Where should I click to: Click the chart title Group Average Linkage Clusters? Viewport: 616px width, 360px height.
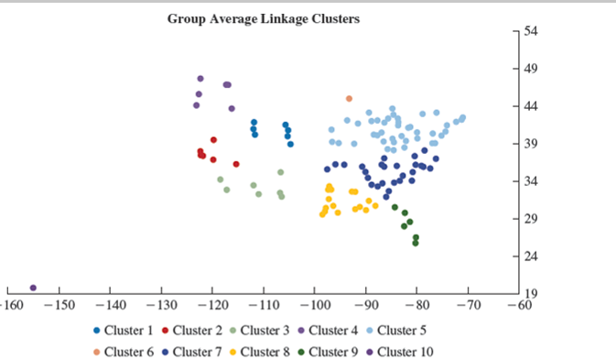[x=263, y=18]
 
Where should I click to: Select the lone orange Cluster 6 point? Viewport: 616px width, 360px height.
[x=349, y=98]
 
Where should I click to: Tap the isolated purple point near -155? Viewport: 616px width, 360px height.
[x=33, y=288]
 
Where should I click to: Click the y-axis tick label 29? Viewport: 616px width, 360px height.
[x=531, y=219]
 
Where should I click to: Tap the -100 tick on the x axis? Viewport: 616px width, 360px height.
[x=314, y=303]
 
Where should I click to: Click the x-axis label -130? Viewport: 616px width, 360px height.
[x=160, y=303]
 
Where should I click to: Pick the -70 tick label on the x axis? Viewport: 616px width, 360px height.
[x=468, y=303]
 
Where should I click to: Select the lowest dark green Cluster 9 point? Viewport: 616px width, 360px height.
[x=416, y=243]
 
